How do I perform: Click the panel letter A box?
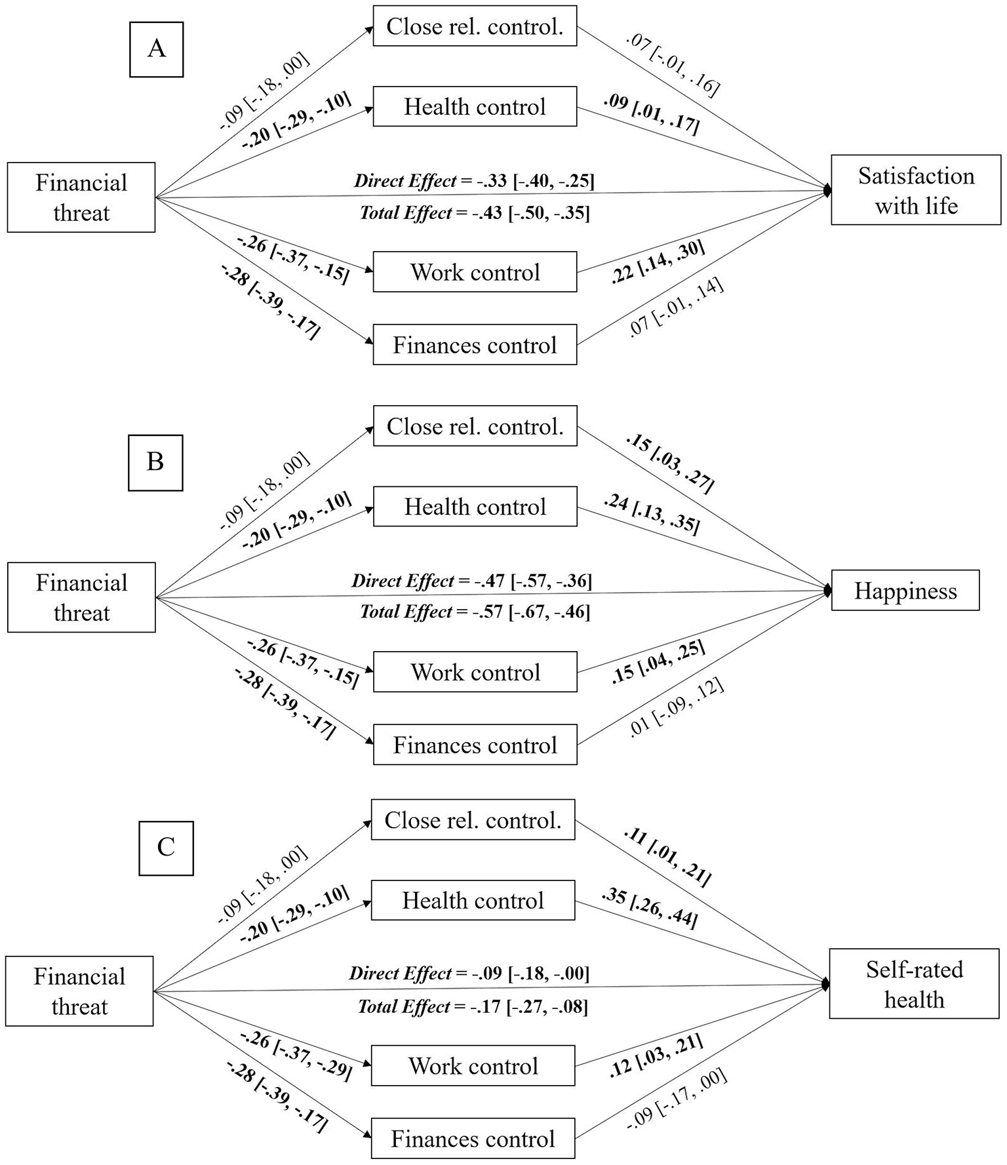[157, 49]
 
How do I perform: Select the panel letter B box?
[155, 462]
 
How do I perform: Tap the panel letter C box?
[166, 848]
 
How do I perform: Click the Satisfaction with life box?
[916, 191]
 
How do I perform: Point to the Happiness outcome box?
[905, 591]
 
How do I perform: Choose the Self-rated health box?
[914, 984]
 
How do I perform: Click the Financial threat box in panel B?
[81, 597]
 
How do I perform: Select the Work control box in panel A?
[475, 272]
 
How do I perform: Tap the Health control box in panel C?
[473, 900]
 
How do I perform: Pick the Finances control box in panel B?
[475, 745]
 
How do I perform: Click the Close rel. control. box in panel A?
[475, 26]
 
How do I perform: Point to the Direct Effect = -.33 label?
[474, 180]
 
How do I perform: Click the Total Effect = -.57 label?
[475, 612]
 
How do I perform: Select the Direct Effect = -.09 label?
[469, 973]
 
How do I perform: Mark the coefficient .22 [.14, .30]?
[658, 262]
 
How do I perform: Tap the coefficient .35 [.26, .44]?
[650, 907]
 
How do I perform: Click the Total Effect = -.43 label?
[475, 212]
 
